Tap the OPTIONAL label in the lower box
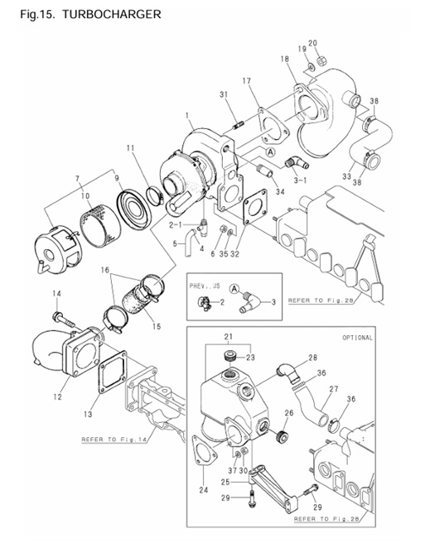pos(357,338)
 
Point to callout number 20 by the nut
pos(312,43)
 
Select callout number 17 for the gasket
pos(246,81)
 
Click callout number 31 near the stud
pos(224,95)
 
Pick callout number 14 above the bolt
pos(57,294)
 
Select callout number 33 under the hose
pos(345,176)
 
